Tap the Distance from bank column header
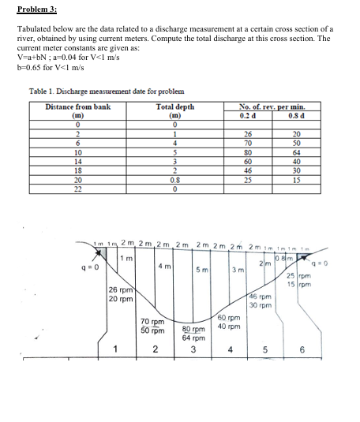click(77, 105)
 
